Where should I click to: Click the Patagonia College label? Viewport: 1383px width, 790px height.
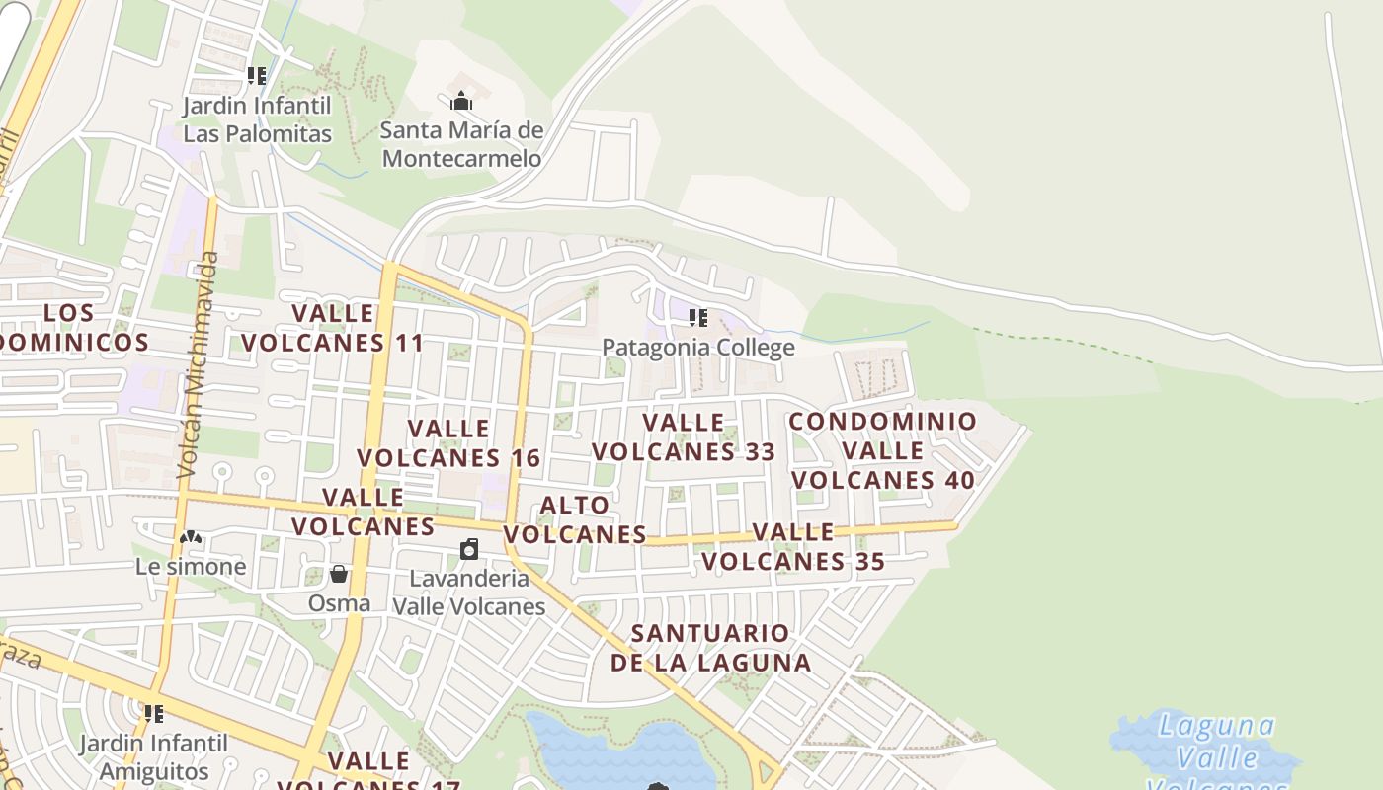pyautogui.click(x=698, y=347)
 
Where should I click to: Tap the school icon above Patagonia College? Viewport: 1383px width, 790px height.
pyautogui.click(x=698, y=318)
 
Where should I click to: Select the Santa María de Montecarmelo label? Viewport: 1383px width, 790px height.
pyautogui.click(x=461, y=144)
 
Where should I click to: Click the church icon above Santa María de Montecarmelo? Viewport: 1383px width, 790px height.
pyautogui.click(x=461, y=101)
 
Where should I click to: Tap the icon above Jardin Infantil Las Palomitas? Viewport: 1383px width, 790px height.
pyautogui.click(x=257, y=76)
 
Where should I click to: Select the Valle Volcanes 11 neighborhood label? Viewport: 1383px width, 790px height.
pyautogui.click(x=333, y=328)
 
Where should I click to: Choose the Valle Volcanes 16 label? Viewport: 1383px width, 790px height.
pyautogui.click(x=448, y=443)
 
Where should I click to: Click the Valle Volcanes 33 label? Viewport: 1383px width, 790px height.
pyautogui.click(x=684, y=437)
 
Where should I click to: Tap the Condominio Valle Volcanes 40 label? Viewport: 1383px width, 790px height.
pyautogui.click(x=883, y=450)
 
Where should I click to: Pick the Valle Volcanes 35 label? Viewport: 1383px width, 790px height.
pyautogui.click(x=793, y=547)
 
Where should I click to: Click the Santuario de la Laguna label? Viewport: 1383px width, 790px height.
pyautogui.click(x=710, y=648)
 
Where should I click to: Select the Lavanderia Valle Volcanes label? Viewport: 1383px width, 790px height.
pyautogui.click(x=469, y=592)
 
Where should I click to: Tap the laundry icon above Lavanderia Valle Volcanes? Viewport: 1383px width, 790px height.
pyautogui.click(x=469, y=549)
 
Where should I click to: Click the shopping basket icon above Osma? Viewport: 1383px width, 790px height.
pyautogui.click(x=339, y=574)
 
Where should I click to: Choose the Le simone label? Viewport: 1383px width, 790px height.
pyautogui.click(x=191, y=566)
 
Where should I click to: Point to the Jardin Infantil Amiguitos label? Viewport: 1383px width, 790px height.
pyautogui.click(x=153, y=756)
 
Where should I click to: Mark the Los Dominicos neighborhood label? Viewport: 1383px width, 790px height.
pyautogui.click(x=71, y=328)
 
